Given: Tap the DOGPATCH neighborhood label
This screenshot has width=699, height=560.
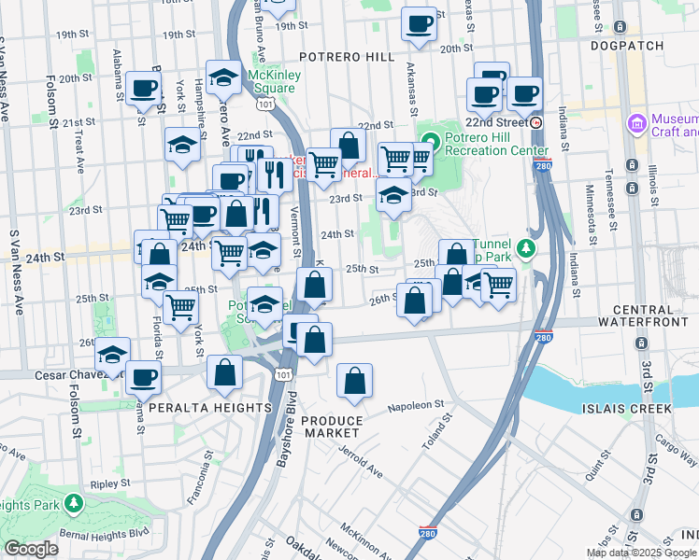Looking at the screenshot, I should click(627, 46).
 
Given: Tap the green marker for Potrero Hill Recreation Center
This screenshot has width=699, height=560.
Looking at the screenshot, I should click(430, 143).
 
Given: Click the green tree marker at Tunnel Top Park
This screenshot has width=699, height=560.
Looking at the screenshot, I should click(527, 248).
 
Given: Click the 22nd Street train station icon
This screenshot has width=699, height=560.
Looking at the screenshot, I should click(536, 122).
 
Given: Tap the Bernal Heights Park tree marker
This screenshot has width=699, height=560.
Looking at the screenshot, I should click(73, 505).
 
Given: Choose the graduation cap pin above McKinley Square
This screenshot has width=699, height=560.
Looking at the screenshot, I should click(223, 78).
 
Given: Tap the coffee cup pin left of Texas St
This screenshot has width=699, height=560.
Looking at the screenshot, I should click(420, 22).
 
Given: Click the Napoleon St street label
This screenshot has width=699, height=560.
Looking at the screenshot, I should click(417, 405).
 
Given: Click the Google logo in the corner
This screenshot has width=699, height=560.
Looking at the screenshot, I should click(32, 549).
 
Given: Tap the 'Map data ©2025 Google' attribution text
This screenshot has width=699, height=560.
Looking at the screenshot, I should click(640, 553).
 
